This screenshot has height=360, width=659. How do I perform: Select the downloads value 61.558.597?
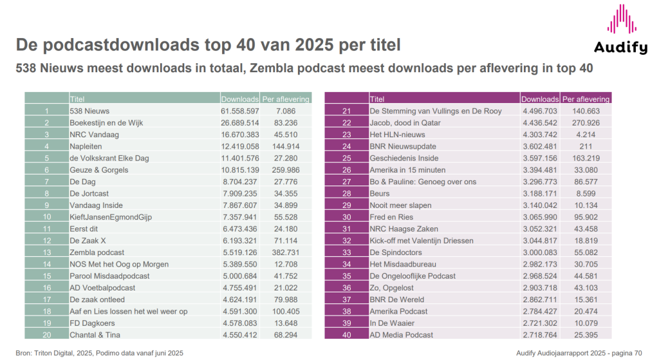tap(240, 111)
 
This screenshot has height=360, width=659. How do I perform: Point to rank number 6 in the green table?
tap(47, 170)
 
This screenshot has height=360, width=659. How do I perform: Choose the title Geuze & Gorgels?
tap(99, 170)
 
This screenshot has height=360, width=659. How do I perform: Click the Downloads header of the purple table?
tap(539, 99)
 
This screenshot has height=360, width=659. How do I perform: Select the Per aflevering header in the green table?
tap(286, 99)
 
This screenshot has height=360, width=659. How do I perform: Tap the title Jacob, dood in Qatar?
tap(407, 122)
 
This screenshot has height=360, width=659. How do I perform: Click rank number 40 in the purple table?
tap(346, 335)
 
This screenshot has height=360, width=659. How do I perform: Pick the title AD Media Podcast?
tap(402, 335)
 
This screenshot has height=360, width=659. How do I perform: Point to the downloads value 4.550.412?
tap(240, 335)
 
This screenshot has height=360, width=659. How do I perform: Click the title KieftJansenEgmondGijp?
tap(111, 217)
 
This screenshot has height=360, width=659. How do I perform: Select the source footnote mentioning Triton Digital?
tap(100, 353)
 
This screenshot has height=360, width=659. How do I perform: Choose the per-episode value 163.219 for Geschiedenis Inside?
tap(585, 158)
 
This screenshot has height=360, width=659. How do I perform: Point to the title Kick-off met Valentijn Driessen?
tap(422, 241)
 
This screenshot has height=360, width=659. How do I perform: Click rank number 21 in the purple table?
tap(346, 111)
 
